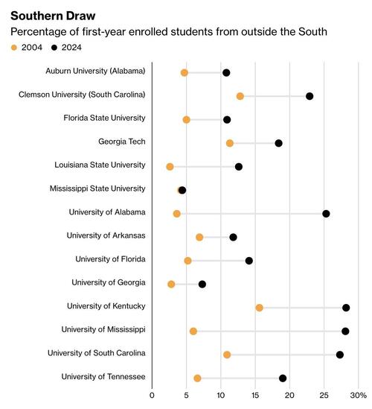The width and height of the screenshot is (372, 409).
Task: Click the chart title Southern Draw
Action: (x=53, y=16)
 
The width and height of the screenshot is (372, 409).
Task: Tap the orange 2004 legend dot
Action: (x=14, y=48)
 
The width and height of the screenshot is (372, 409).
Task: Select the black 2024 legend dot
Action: (x=54, y=48)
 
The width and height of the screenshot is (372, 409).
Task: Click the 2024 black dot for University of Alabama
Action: (x=326, y=214)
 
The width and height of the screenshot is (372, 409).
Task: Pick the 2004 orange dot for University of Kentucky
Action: (x=259, y=308)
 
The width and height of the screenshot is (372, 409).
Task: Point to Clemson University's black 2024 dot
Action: (x=310, y=96)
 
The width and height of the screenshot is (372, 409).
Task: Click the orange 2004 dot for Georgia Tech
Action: (x=229, y=143)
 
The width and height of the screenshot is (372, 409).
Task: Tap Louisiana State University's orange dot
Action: (x=170, y=167)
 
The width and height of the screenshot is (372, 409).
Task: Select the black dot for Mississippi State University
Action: (x=182, y=190)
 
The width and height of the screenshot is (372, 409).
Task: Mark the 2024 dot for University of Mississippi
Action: (x=345, y=332)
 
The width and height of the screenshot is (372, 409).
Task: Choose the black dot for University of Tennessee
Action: (x=283, y=378)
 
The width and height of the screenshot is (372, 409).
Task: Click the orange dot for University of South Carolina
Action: (x=227, y=355)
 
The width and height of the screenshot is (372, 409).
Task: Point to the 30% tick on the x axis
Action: (x=358, y=396)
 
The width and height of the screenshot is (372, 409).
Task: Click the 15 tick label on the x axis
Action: (x=255, y=396)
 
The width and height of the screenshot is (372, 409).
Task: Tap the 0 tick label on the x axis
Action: (x=152, y=396)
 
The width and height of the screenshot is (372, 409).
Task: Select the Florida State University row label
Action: (x=104, y=118)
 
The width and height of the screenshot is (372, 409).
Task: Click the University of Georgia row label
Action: (x=109, y=282)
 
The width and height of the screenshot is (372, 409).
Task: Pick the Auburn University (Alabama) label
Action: (x=95, y=71)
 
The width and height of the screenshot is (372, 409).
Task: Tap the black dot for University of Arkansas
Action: (x=233, y=238)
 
